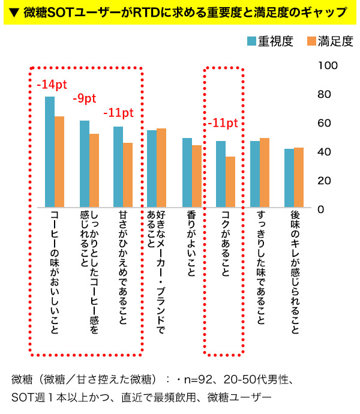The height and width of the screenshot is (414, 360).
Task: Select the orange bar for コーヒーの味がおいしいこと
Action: tap(59, 162)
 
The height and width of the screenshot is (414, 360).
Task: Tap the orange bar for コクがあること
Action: tap(230, 182)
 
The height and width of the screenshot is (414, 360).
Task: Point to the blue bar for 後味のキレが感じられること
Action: tap(289, 178)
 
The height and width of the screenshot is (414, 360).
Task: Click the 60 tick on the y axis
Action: tap(325, 123)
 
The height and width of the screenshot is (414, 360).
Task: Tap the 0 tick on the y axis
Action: tap(321, 209)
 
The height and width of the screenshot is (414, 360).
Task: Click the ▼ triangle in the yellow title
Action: tap(13, 13)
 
